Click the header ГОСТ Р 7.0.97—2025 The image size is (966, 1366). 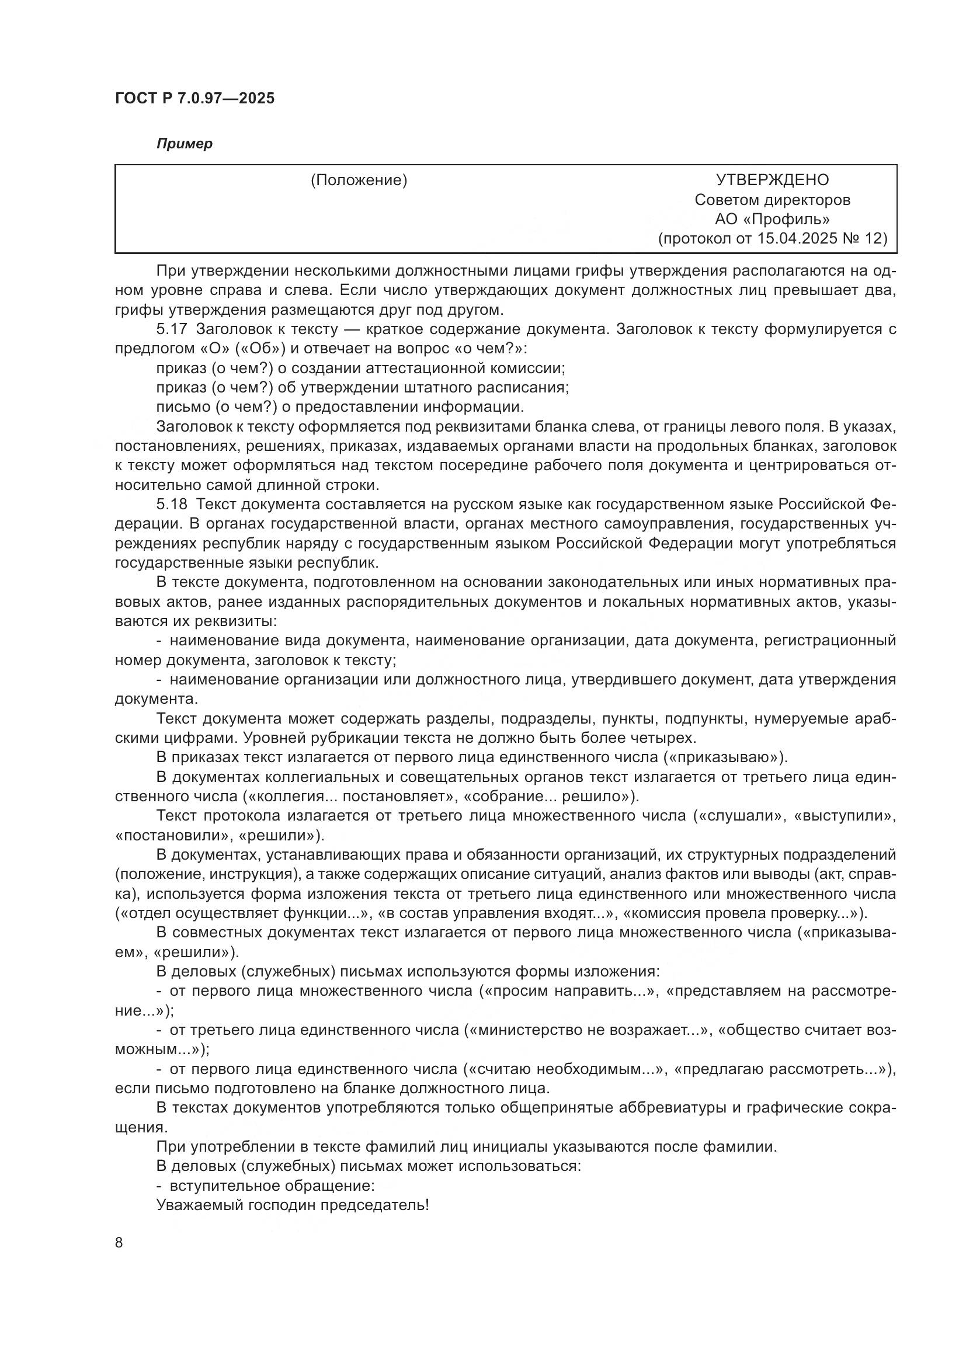tap(194, 99)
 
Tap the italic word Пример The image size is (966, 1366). tap(185, 144)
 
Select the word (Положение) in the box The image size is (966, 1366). tap(359, 180)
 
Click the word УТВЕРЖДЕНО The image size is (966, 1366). tap(772, 180)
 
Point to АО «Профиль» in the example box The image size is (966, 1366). tap(772, 219)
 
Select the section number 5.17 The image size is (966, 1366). tap(172, 329)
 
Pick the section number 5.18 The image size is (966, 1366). tap(172, 505)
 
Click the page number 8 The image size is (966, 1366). tap(119, 1242)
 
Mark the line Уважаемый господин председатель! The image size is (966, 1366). tap(292, 1205)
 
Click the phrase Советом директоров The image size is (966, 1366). tap(772, 200)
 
